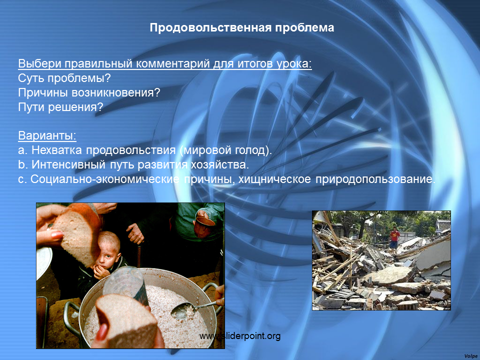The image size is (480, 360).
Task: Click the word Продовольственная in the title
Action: [x=210, y=28]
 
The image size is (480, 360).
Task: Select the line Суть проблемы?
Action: [x=64, y=78]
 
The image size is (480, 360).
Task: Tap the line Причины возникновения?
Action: [x=89, y=92]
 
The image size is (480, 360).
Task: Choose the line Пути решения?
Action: [x=60, y=107]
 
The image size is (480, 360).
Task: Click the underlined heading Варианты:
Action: [x=47, y=135]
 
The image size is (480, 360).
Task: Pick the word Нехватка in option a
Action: [x=57, y=150]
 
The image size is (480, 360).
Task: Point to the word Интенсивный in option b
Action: [x=68, y=164]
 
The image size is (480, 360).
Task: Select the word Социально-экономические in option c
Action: [x=105, y=179]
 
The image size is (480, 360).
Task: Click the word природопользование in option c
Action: [x=375, y=179]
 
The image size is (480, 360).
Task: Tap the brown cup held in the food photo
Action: [x=205, y=226]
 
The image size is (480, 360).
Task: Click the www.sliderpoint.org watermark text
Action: [x=240, y=336]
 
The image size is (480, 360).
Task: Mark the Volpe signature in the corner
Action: [x=471, y=356]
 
